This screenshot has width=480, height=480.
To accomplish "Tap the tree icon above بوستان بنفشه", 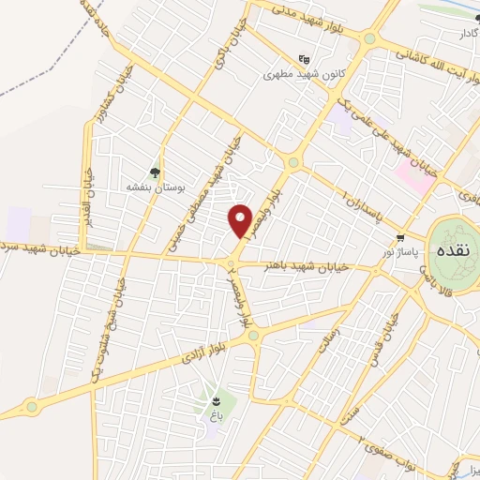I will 155,172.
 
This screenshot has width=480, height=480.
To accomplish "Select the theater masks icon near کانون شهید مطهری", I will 303,58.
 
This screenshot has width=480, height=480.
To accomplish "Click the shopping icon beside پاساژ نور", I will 401,237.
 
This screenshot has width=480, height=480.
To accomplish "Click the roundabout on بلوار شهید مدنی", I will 369,39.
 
